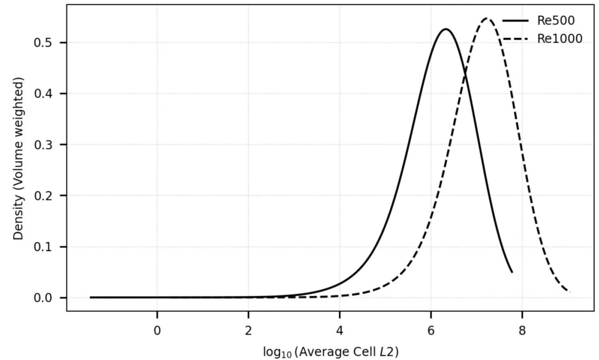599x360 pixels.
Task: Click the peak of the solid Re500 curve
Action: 446,29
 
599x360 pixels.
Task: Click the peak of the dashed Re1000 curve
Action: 487,18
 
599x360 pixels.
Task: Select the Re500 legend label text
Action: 555,21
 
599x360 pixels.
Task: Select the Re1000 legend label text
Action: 560,38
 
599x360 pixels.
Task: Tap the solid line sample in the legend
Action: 515,21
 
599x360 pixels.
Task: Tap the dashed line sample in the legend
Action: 515,38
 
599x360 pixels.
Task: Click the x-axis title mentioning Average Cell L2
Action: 331,352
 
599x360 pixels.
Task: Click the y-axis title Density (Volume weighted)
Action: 19,158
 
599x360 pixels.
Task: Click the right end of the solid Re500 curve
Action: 512,271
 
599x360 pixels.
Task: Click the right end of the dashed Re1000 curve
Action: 569,292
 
